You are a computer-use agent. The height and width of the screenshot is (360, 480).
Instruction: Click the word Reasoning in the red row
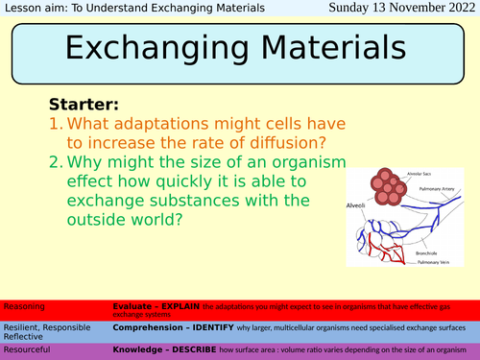pyautogui.click(x=24, y=304)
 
